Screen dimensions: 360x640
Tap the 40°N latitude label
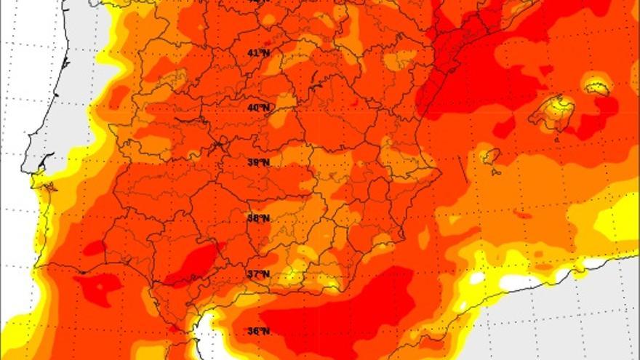pyautogui.click(x=258, y=108)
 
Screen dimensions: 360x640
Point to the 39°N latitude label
pyautogui.click(x=258, y=162)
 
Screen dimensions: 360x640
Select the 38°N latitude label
pyautogui.click(x=258, y=217)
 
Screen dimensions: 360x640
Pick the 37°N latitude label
pyautogui.click(x=258, y=273)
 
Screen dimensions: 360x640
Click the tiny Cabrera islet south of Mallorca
pyautogui.click(x=556, y=138)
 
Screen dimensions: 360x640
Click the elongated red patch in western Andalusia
pyautogui.click(x=191, y=263)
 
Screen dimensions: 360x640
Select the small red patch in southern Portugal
pyautogui.click(x=94, y=248)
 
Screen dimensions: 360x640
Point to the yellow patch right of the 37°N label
pyautogui.click(x=291, y=276)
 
